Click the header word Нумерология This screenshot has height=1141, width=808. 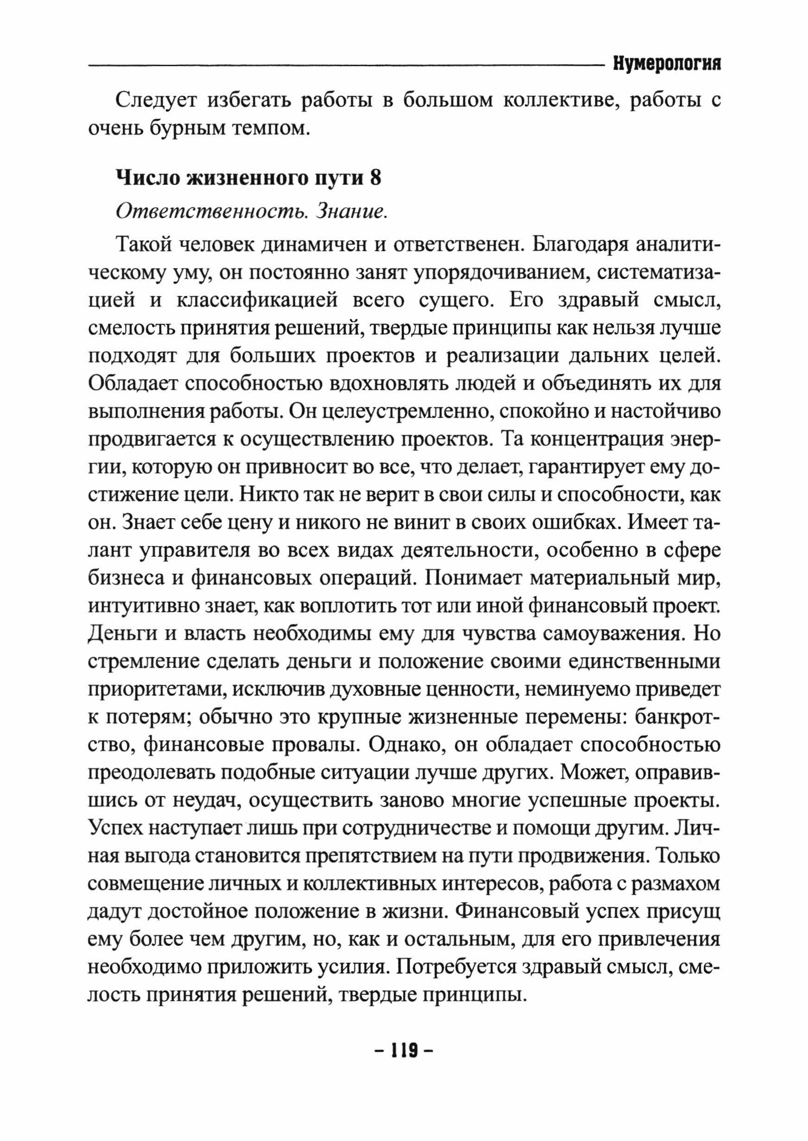[x=667, y=65]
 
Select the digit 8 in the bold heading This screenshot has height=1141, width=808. [x=376, y=177]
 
